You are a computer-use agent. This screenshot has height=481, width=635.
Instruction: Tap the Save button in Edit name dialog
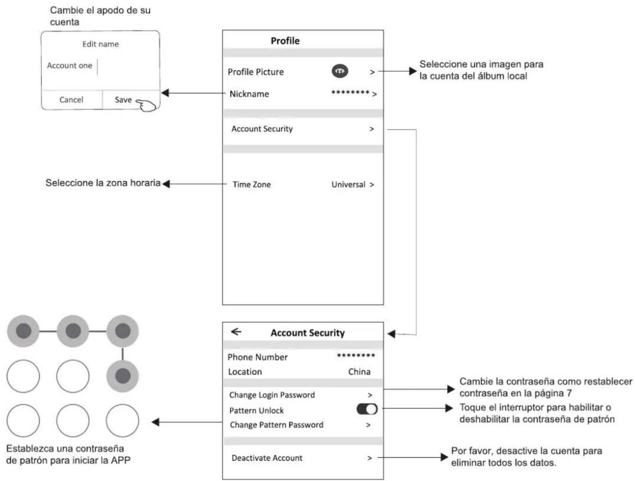[x=123, y=100]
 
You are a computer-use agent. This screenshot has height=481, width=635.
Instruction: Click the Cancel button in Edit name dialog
[x=71, y=100]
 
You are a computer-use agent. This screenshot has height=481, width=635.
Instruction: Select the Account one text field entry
[x=69, y=65]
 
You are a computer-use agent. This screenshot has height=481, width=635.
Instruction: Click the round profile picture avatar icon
[x=340, y=71]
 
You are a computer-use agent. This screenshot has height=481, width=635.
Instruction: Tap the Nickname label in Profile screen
[x=249, y=94]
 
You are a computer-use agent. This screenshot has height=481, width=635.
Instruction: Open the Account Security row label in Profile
[x=262, y=129]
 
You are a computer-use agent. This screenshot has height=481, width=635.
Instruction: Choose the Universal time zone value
[x=348, y=185]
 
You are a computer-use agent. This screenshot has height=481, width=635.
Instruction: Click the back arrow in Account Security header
[x=236, y=331]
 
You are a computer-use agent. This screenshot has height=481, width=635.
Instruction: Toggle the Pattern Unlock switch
[x=367, y=409]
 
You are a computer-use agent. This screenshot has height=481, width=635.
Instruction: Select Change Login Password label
[x=272, y=395]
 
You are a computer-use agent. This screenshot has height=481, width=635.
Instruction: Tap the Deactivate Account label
[x=267, y=458]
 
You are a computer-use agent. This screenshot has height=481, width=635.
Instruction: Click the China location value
[x=359, y=372]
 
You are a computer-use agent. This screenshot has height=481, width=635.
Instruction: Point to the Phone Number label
[x=258, y=357]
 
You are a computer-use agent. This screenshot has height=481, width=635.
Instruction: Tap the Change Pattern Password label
[x=276, y=424]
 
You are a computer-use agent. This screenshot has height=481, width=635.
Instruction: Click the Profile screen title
[x=285, y=41]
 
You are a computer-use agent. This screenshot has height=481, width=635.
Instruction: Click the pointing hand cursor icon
[x=146, y=105]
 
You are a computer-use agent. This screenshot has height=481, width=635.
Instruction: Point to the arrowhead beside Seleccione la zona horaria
[x=166, y=184]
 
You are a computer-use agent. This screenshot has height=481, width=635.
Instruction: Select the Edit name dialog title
[x=100, y=44]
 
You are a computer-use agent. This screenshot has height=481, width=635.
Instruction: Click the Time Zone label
[x=252, y=185]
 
